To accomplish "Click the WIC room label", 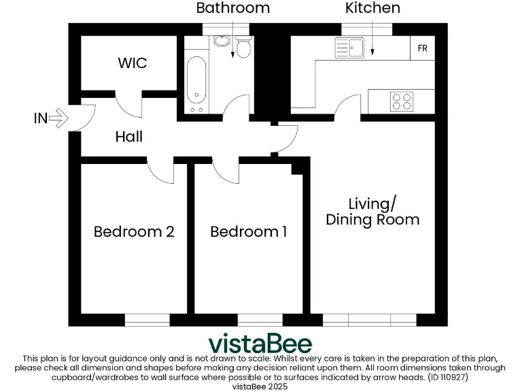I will [132, 63].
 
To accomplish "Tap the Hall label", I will [128, 137].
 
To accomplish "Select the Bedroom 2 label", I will [134, 231].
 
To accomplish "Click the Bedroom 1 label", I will [248, 232].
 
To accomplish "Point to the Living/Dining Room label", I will [372, 212].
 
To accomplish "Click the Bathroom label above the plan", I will [233, 8].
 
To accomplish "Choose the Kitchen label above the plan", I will [372, 8].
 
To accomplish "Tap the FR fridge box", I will [423, 49].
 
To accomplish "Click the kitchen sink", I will [351, 48].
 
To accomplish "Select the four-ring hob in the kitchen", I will [401, 101].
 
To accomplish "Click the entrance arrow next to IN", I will [60, 118].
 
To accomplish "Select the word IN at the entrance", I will [41, 118].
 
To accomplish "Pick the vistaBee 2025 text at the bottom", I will [260, 386].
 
